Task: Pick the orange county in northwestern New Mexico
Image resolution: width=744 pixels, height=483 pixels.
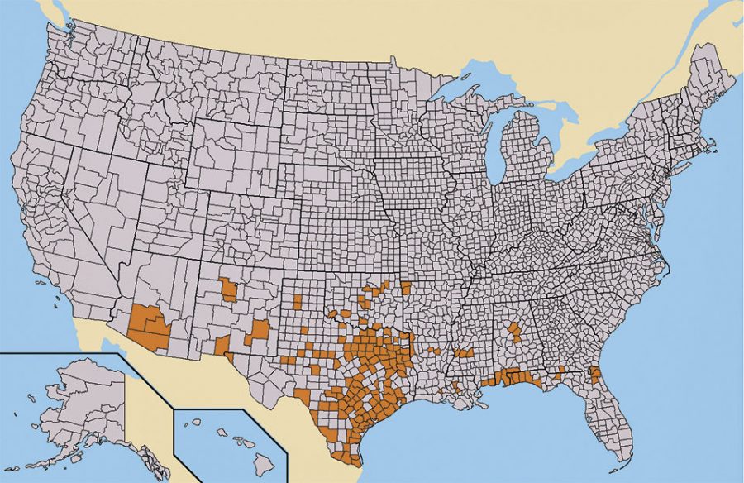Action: [x=228, y=290]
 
